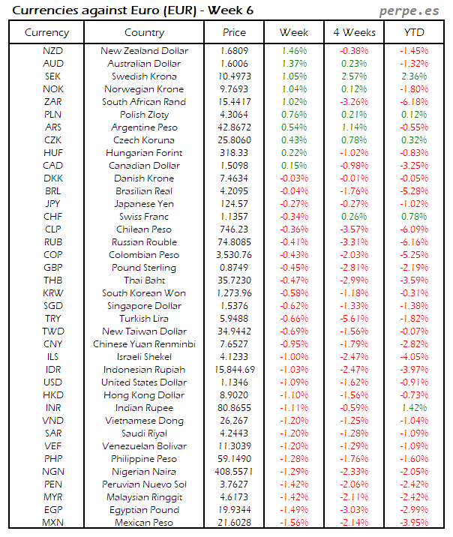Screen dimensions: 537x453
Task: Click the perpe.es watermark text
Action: click(410, 10)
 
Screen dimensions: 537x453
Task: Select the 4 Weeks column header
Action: click(354, 32)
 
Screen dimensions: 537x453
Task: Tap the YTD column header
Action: click(413, 32)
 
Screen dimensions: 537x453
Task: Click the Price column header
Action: click(234, 32)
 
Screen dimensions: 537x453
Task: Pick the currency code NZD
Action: click(53, 51)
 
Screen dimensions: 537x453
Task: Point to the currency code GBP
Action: click(53, 268)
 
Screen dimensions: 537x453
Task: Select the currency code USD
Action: click(53, 382)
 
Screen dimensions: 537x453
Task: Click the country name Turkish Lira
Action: click(145, 319)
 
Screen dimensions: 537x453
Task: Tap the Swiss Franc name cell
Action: click(145, 217)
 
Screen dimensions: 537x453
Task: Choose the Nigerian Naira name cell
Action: click(145, 472)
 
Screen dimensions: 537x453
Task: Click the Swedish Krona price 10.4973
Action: click(234, 76)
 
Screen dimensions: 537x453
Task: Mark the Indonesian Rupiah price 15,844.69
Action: click(234, 370)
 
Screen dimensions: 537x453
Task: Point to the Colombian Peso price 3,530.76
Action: click(234, 255)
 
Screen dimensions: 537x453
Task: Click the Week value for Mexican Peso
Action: click(294, 523)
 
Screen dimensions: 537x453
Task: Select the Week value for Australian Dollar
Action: click(294, 64)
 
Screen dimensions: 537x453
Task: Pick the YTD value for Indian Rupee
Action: click(413, 408)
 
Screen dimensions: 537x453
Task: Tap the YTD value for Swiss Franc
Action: click(413, 217)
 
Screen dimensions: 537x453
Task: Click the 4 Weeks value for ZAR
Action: click(354, 102)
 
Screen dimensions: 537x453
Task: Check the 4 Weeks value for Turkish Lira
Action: click(354, 319)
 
